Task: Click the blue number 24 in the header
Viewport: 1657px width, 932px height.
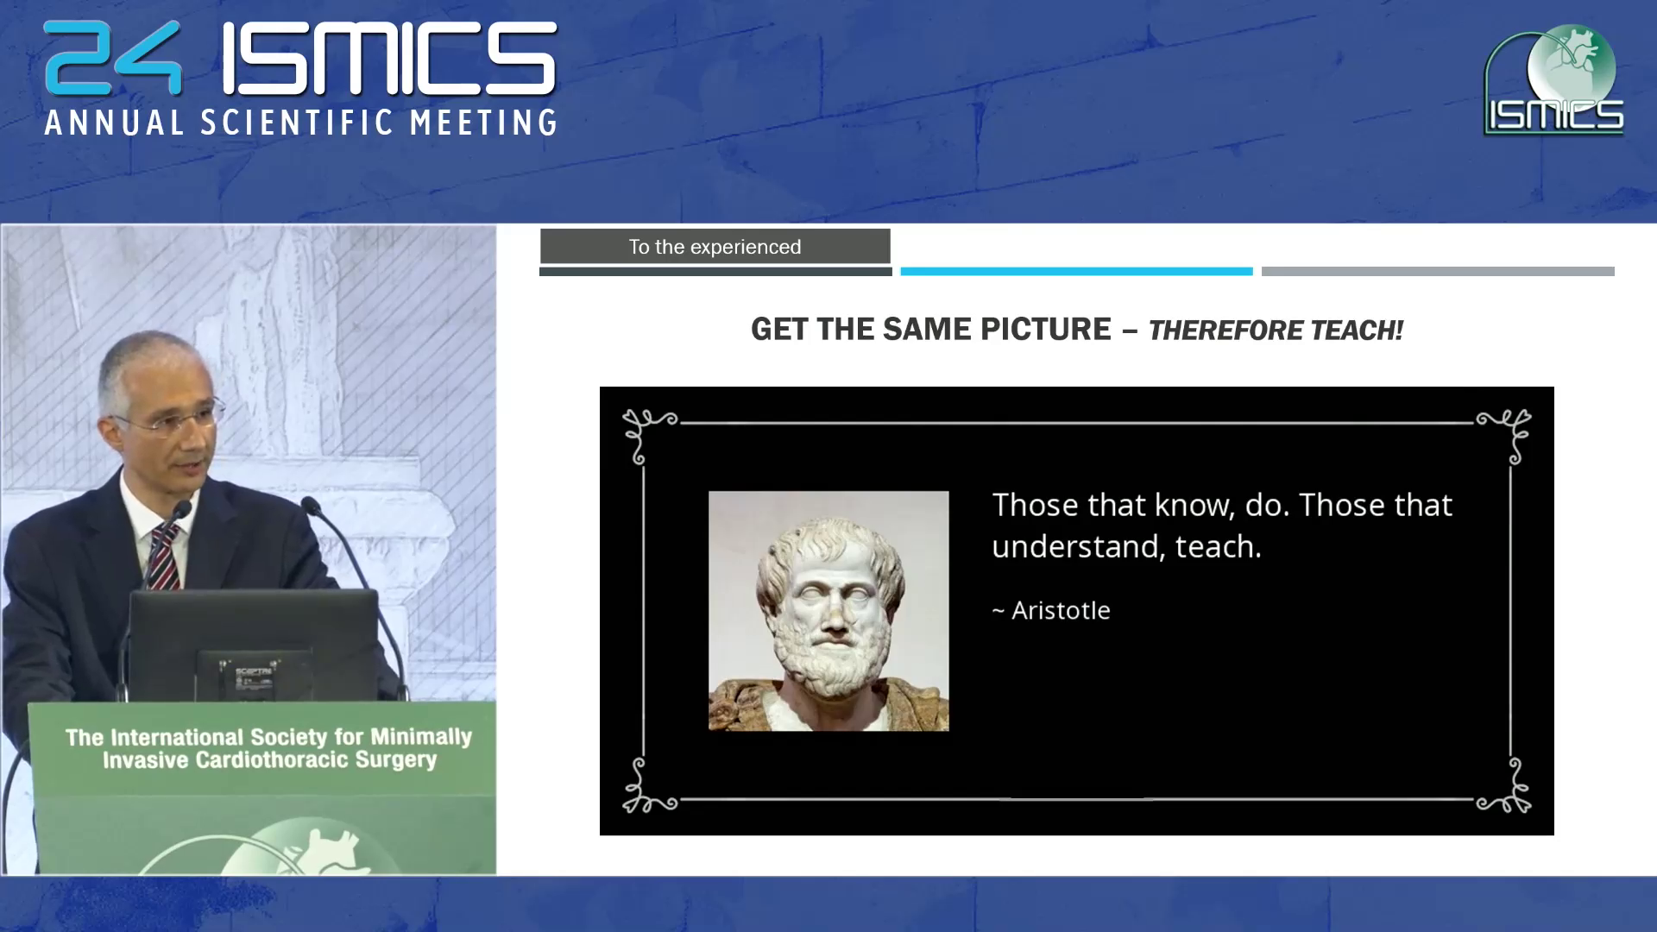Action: click(x=113, y=58)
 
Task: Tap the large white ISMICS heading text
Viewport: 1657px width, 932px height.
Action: click(x=389, y=58)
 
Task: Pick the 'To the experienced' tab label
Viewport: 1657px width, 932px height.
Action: click(x=715, y=247)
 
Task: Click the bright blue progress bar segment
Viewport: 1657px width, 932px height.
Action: click(x=1076, y=271)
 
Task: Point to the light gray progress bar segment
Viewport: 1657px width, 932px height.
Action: click(x=1438, y=271)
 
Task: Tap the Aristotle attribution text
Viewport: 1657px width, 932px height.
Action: click(x=1051, y=611)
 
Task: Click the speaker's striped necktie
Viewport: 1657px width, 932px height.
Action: click(x=163, y=557)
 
